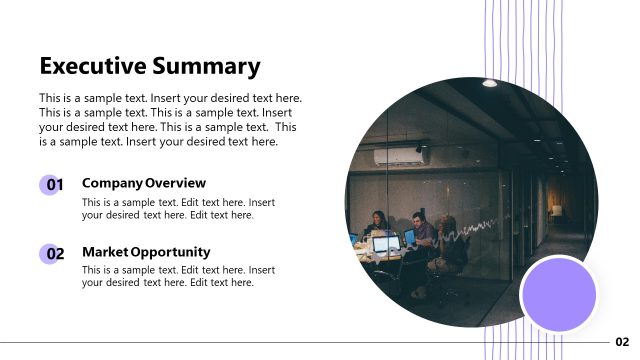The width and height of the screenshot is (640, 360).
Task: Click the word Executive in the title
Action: coord(94,66)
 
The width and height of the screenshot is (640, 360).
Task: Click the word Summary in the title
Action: coord(207,67)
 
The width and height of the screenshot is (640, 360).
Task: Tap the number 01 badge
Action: coord(52,185)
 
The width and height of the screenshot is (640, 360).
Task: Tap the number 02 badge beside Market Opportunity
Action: coord(52,254)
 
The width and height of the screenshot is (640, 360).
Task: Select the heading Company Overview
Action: coord(143,183)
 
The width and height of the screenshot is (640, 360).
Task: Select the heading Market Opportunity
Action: coord(145,252)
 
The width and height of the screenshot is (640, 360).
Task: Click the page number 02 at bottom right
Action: coord(622,342)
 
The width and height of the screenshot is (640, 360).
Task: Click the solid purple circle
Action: coord(559,294)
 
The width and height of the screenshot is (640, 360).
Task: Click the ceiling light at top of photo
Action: coord(489,83)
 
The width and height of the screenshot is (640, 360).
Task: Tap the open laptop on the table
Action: coord(384,242)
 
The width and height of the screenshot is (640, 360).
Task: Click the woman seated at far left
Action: coord(378,225)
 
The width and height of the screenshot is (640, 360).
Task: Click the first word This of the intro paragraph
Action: coord(49,98)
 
